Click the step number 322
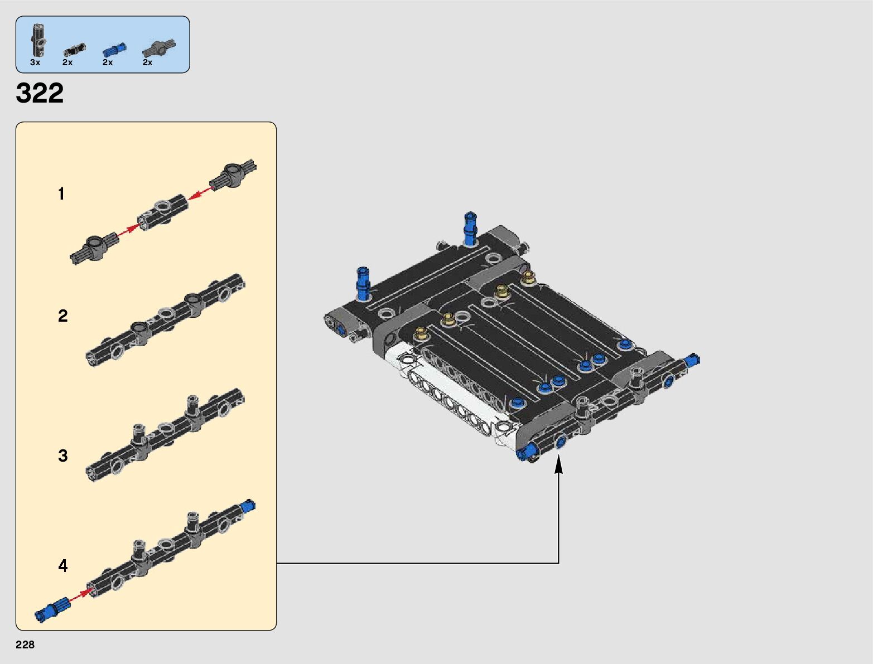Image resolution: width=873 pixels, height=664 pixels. [40, 93]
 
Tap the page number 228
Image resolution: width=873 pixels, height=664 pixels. [25, 644]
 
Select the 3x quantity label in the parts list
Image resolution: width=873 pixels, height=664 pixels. [35, 62]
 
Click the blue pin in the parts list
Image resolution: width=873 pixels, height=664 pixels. [114, 49]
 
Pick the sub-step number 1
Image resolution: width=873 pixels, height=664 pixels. [61, 194]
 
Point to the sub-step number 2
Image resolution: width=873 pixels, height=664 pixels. [62, 316]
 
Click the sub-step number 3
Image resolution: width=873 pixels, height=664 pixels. [62, 455]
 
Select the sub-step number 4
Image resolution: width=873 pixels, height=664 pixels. [62, 566]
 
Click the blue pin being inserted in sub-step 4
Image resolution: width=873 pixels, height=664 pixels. [52, 609]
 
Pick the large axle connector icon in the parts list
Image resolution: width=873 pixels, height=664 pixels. [159, 48]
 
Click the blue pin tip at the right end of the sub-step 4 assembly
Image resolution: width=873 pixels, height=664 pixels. [248, 506]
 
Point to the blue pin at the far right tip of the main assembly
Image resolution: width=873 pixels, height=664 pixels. [693, 360]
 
